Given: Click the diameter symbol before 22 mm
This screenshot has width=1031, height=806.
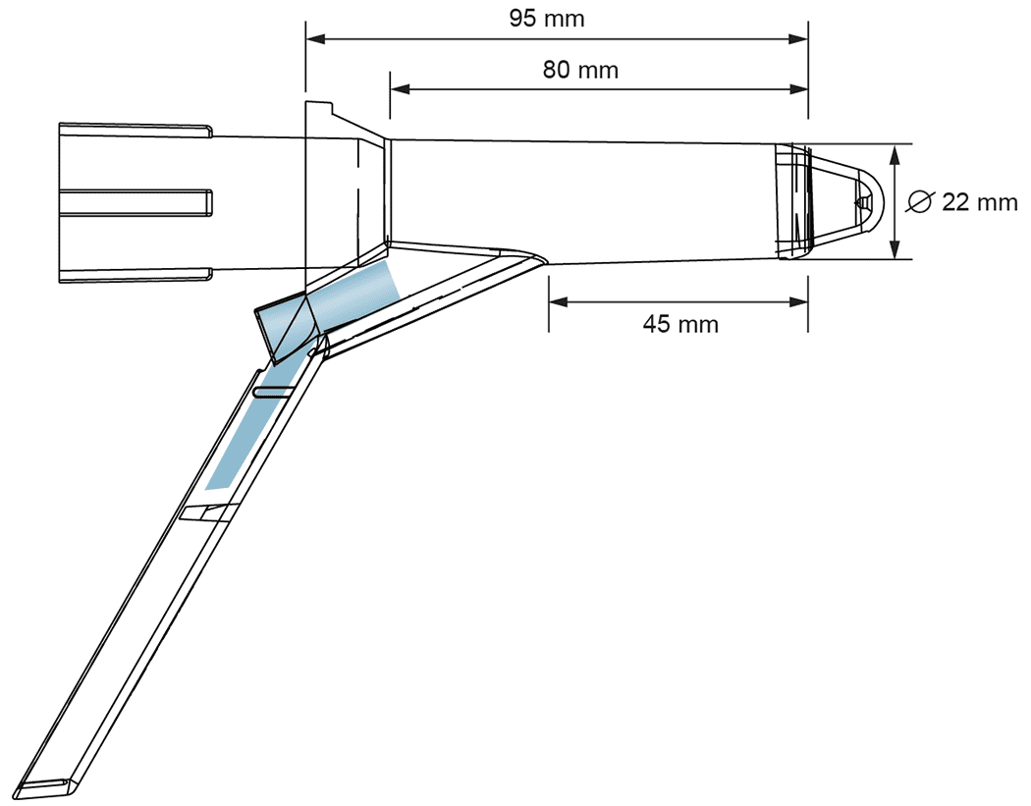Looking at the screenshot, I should pyautogui.click(x=921, y=202).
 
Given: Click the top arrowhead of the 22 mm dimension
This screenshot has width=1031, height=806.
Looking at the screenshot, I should pyautogui.click(x=896, y=152).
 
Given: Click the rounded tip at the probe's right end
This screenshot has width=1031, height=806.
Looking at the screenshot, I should pyautogui.click(x=870, y=201).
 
